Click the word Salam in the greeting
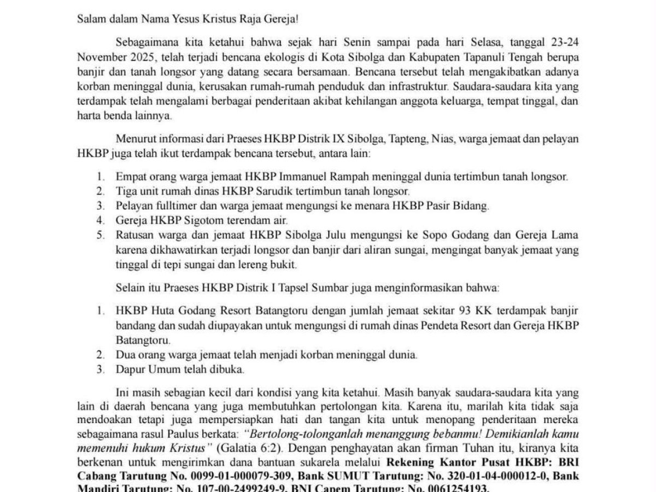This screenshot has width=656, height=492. (90, 19)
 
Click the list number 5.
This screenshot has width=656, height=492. (100, 236)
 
